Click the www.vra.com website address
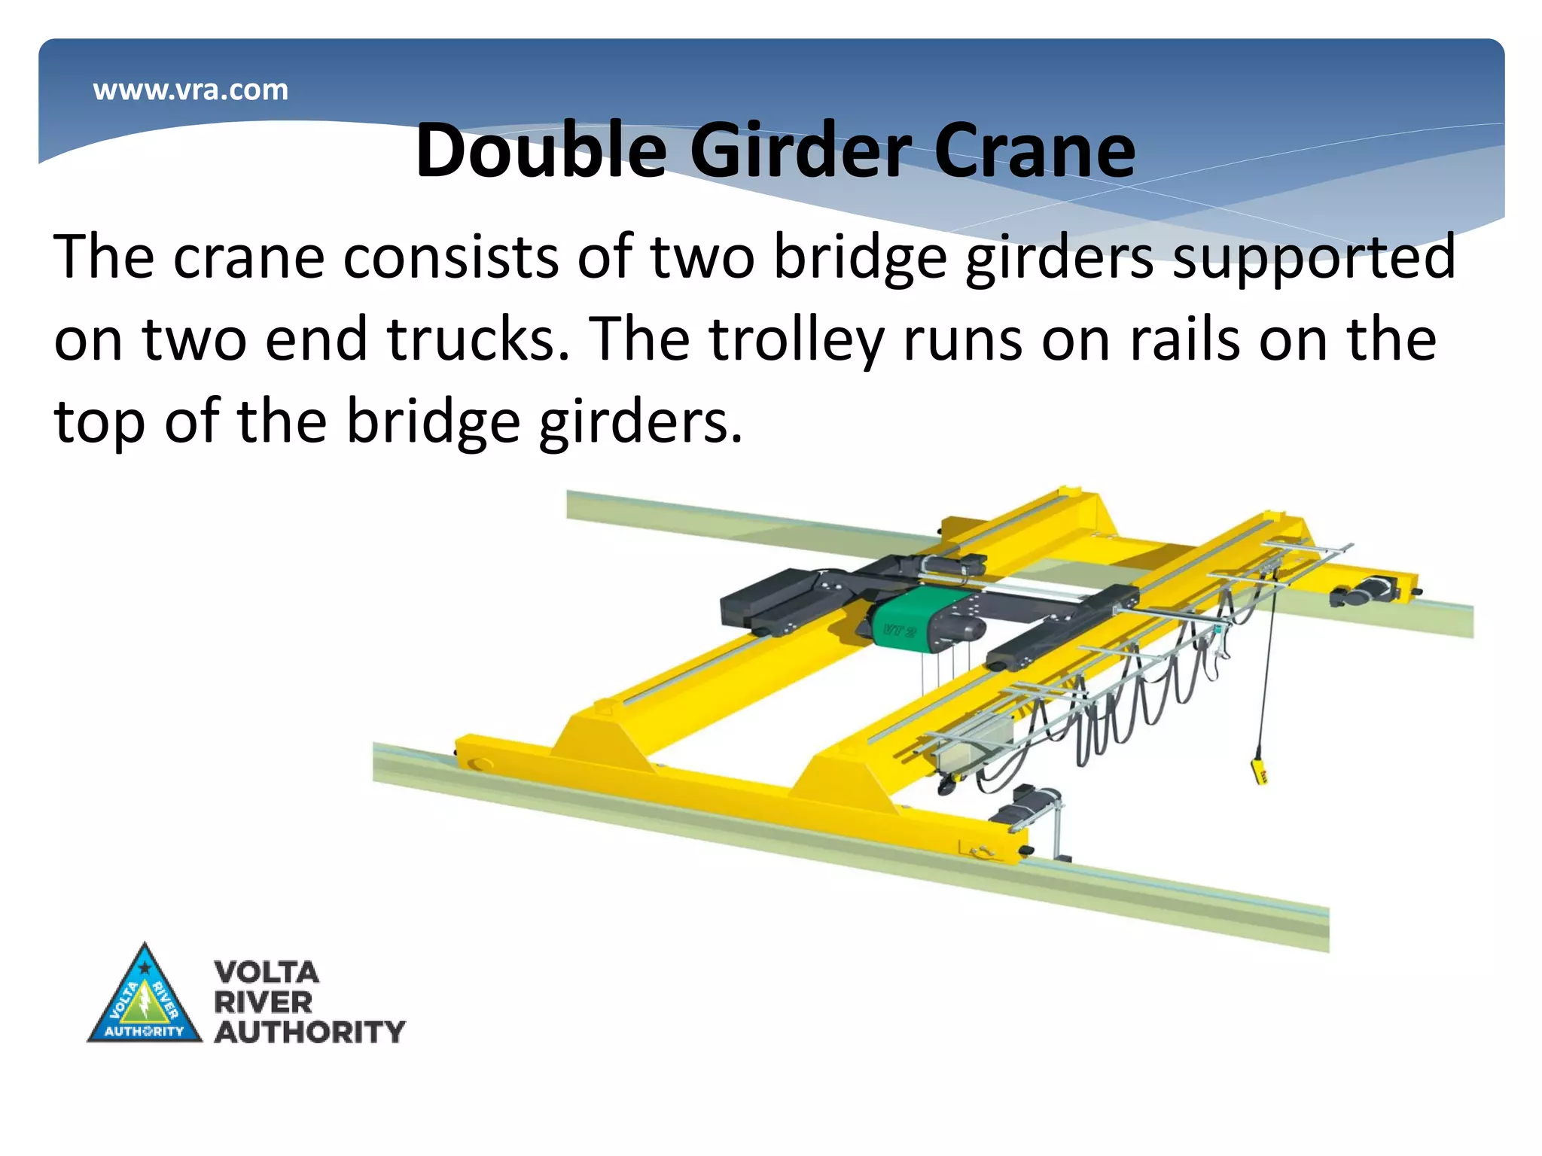190,90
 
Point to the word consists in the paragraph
450,257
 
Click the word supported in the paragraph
1314,257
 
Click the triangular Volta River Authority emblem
145,997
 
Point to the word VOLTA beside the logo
267,972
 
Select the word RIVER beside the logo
263,1002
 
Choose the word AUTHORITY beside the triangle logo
309,1032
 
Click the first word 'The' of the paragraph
104,257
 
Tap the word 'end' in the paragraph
315,339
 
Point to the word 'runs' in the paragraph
962,339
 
